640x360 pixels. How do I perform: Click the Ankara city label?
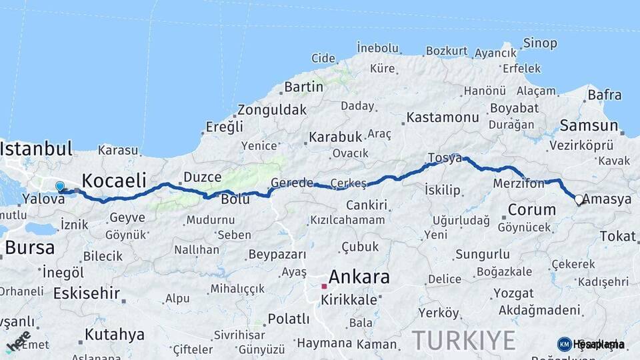click(x=359, y=277)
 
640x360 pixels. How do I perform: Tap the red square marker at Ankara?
click(x=324, y=287)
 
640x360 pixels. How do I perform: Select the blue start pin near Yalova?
click(x=60, y=187)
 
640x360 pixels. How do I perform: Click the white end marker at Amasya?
click(x=579, y=199)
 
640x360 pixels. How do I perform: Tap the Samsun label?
click(x=589, y=125)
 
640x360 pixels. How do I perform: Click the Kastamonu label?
click(x=443, y=117)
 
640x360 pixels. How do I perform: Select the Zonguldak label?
click(x=272, y=110)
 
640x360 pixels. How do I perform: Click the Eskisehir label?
click(x=87, y=293)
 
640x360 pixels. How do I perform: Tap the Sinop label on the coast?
click(x=541, y=43)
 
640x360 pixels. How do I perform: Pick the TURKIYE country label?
click(x=463, y=340)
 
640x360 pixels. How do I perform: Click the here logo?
click(x=18, y=340)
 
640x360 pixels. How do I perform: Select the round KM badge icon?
click(x=564, y=344)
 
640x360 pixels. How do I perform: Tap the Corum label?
click(x=531, y=209)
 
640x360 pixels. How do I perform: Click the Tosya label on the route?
click(x=445, y=158)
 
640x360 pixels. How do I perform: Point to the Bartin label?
click(x=303, y=87)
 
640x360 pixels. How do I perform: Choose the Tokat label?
click(x=617, y=236)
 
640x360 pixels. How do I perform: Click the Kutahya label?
click(x=115, y=334)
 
